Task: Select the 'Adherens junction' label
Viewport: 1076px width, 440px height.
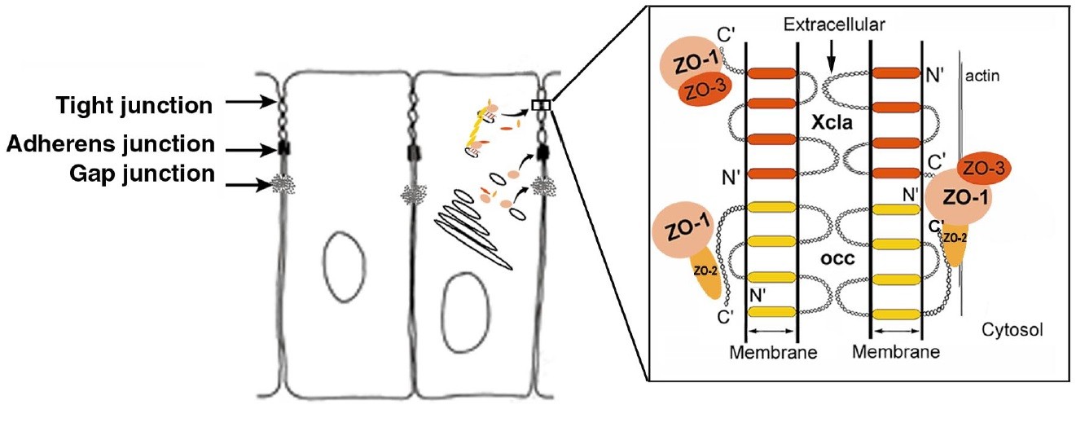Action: [110, 145]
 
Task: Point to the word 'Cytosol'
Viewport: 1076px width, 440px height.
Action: [1012, 330]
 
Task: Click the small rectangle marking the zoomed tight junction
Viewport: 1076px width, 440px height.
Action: [541, 104]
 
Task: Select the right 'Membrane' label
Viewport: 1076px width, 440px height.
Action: [896, 352]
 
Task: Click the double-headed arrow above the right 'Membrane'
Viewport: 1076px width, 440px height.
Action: [896, 332]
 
